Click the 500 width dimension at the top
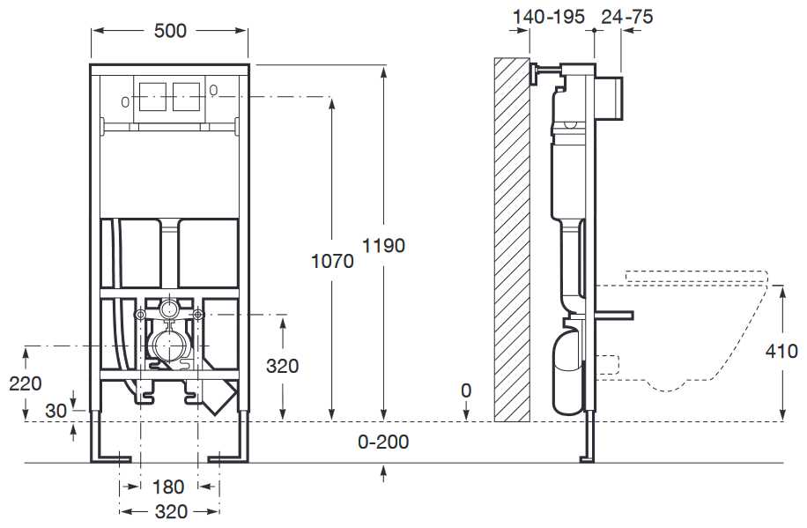170,31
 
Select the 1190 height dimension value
383,246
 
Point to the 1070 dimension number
332,262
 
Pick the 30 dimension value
56,411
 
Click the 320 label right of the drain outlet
282,366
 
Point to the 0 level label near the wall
466,390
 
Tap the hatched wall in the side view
511,238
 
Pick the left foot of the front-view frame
110,455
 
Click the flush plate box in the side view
611,98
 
